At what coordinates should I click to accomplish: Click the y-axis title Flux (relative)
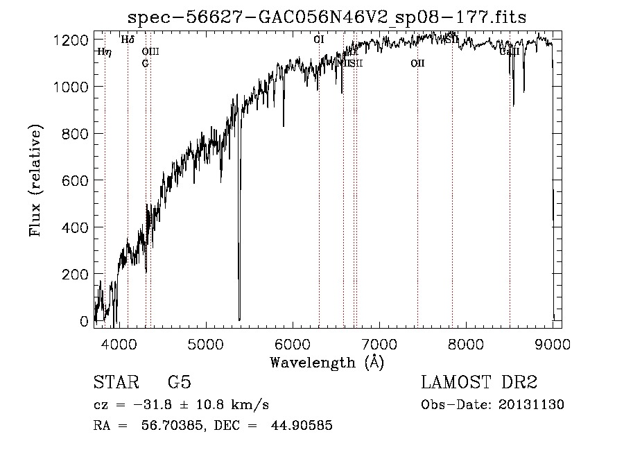coord(35,180)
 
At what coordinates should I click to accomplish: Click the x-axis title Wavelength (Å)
coord(327,362)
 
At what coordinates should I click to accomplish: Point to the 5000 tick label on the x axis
coord(206,343)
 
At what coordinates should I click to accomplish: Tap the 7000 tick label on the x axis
coord(379,343)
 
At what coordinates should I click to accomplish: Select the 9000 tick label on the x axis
coord(553,343)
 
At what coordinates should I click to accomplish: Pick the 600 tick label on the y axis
coord(75,180)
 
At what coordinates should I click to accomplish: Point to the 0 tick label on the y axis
coord(85,322)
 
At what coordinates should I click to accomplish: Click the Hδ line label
coord(128,40)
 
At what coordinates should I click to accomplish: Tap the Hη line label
coord(104,51)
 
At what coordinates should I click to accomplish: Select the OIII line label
coord(150,51)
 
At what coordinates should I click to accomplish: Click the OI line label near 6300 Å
coord(319,40)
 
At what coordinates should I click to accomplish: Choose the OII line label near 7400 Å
coord(417,63)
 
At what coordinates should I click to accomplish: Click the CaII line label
coord(510,51)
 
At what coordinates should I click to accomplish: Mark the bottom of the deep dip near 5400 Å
coord(239,318)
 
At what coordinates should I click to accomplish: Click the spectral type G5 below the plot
coord(179,383)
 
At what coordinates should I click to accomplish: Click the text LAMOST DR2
coord(479,383)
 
